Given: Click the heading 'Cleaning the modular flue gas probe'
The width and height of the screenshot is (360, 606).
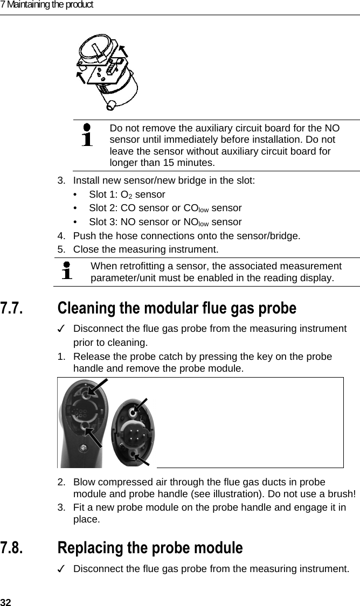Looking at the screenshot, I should [176, 309].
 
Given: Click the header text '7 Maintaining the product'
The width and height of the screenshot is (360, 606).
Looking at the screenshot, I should [47, 5].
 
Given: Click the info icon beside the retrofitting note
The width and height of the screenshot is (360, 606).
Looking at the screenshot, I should [67, 271].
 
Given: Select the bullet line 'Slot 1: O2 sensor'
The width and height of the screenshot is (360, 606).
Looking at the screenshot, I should [127, 194].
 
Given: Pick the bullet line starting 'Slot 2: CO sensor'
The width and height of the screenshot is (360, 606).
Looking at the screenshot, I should [165, 208].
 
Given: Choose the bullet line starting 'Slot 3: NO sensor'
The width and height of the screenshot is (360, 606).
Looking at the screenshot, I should [165, 222].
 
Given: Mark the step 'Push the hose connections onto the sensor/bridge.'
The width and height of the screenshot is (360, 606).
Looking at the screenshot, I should [186, 236].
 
